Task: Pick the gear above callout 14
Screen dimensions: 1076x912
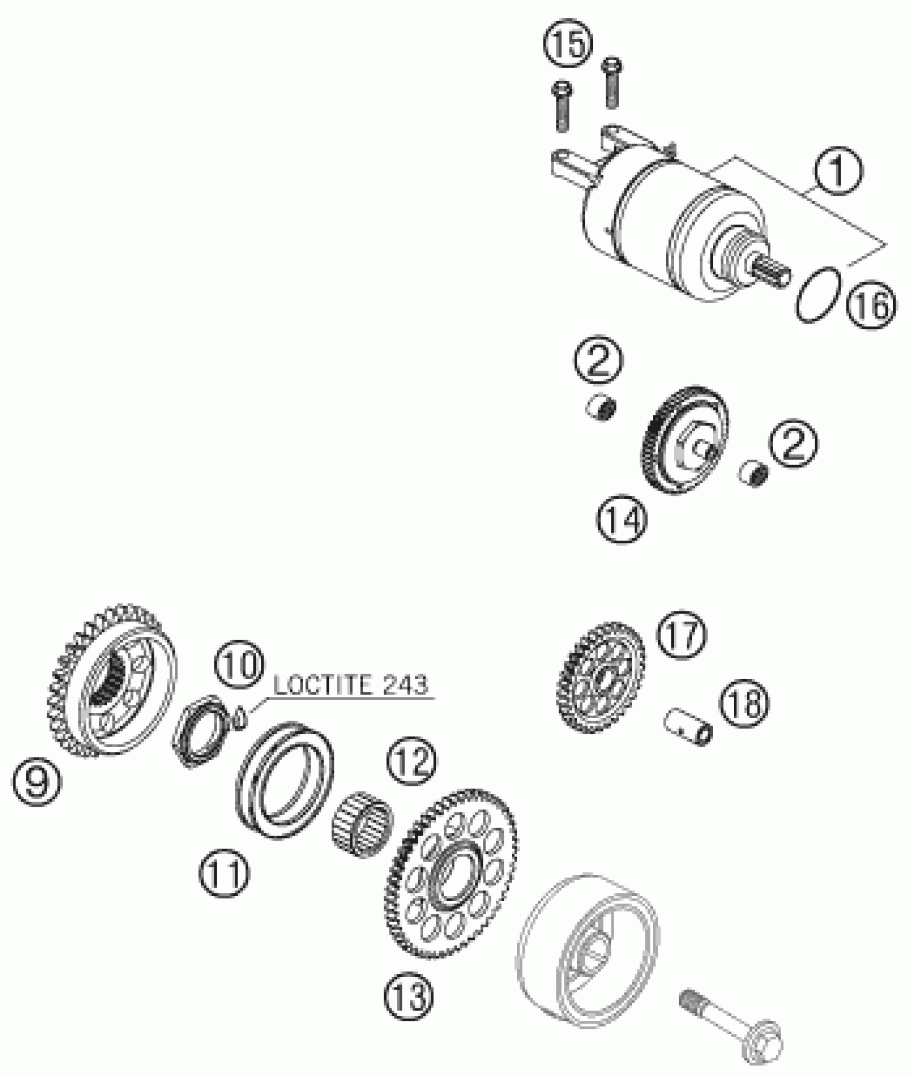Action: coord(685,439)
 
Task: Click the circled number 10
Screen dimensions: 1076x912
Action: coord(239,666)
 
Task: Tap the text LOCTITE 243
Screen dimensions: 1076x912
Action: coord(351,686)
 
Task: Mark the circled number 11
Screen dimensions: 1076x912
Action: coord(224,874)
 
